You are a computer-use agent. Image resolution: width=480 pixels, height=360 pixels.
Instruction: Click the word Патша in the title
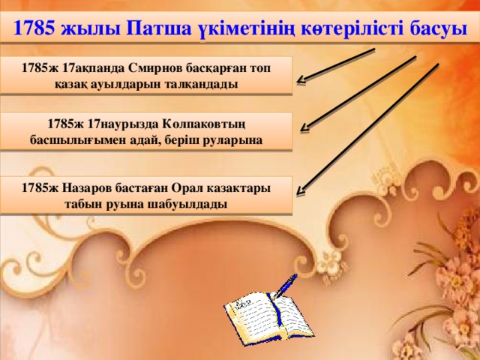click(158, 28)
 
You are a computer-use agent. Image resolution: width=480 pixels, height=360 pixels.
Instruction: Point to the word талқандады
click(205, 84)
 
